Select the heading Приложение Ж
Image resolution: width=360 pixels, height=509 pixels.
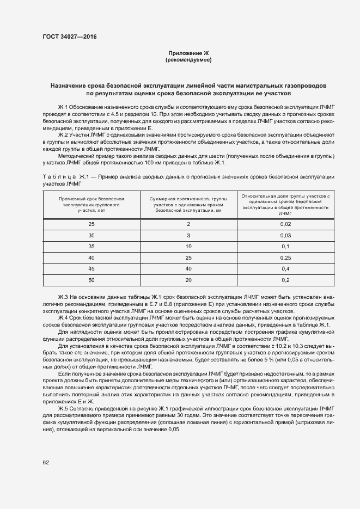[x=188, y=53]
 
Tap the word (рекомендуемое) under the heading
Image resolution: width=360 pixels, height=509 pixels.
[x=188, y=59]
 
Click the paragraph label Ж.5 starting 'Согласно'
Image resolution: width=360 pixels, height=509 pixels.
[x=64, y=408]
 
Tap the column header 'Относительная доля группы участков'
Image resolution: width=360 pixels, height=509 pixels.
[x=285, y=204]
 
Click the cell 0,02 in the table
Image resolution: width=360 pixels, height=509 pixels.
[x=285, y=224]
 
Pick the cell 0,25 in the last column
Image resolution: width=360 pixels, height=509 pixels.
[x=285, y=257]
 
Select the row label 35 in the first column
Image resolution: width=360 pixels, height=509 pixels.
[x=91, y=246]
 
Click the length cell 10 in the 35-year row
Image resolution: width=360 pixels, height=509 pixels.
[x=188, y=246]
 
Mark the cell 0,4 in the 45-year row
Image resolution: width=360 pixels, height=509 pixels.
[x=285, y=268]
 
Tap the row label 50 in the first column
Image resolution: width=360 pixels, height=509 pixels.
[x=91, y=280]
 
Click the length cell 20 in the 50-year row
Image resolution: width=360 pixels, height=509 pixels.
[x=188, y=280]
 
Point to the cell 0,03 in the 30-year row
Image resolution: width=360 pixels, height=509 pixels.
[x=285, y=235]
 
